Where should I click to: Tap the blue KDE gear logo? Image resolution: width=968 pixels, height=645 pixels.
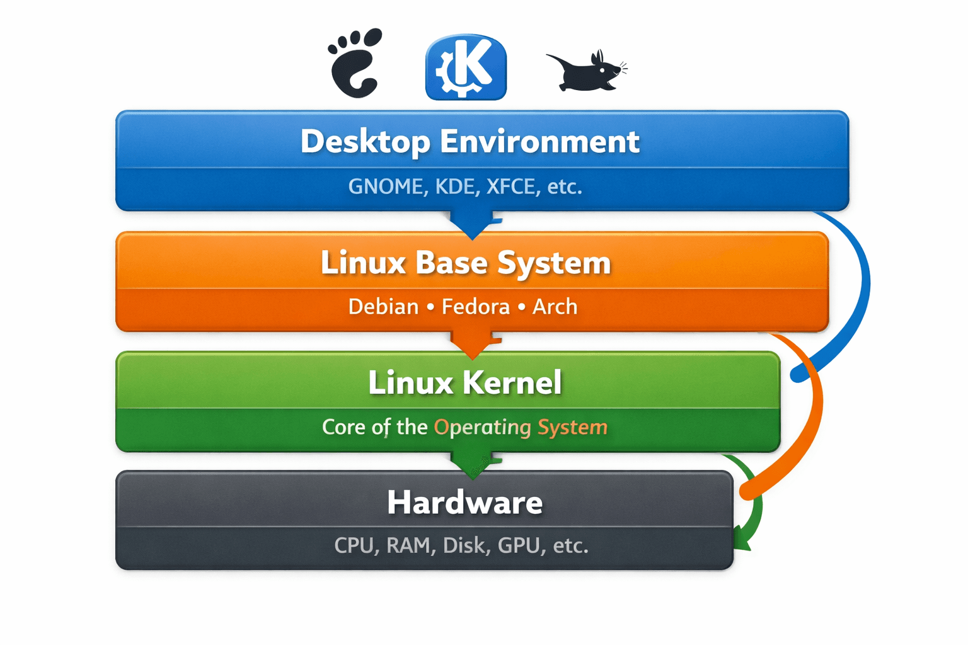click(466, 67)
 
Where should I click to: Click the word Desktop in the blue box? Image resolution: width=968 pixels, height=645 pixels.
click(366, 142)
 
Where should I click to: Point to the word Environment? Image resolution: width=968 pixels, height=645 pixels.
click(539, 141)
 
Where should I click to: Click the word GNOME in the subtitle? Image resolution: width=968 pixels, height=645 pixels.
click(385, 186)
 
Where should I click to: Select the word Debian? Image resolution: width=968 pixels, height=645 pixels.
click(383, 307)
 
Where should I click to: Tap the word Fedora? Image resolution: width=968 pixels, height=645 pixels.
click(476, 307)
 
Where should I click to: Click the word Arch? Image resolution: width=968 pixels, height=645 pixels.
click(555, 307)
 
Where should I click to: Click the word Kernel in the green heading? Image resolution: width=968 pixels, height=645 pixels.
click(512, 382)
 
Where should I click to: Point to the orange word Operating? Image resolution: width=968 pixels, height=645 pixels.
click(483, 427)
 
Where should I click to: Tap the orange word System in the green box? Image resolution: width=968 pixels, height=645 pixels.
click(572, 427)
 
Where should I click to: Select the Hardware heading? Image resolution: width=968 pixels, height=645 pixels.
click(464, 502)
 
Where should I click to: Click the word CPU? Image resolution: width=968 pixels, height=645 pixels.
click(354, 545)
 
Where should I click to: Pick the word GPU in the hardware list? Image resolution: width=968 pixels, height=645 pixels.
click(519, 545)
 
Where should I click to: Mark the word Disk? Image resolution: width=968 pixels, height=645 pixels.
click(464, 545)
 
